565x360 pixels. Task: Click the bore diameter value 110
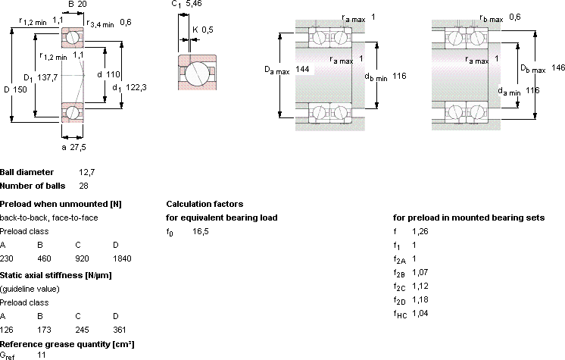tap(113, 75)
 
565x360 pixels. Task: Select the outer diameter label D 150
tap(15, 89)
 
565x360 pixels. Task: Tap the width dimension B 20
tap(77, 4)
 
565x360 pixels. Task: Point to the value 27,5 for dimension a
tap(78, 147)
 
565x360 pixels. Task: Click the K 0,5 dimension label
tap(203, 30)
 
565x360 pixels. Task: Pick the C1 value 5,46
tap(193, 4)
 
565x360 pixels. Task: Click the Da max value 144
tap(302, 69)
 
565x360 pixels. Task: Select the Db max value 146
tap(558, 67)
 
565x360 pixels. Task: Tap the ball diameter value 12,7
tap(87, 172)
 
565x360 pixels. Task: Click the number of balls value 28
tap(83, 186)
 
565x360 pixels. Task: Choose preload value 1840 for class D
tap(122, 258)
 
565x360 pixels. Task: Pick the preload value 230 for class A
tap(7, 258)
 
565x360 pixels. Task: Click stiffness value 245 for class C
tap(82, 330)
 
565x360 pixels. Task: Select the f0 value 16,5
tap(201, 231)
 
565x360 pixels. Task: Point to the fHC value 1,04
tap(420, 313)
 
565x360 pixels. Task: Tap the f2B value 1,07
tap(420, 272)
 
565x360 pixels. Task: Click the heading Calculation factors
tap(204, 204)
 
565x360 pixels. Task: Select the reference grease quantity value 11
tap(42, 355)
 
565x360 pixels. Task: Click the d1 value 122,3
tap(136, 87)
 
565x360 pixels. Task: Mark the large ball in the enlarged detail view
tap(197, 74)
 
